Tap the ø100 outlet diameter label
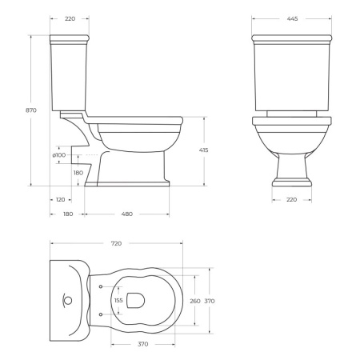tap(58, 154)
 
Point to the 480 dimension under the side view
tap(128, 214)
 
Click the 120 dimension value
tap(60, 198)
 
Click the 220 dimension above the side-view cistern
tap(70, 18)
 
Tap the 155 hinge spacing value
tap(119, 301)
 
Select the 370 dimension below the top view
tap(143, 343)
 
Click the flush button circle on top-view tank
tap(67, 301)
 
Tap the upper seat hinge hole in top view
tap(101, 286)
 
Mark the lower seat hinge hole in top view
tap(101, 314)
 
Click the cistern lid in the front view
tap(290, 38)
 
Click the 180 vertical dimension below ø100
tap(78, 173)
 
